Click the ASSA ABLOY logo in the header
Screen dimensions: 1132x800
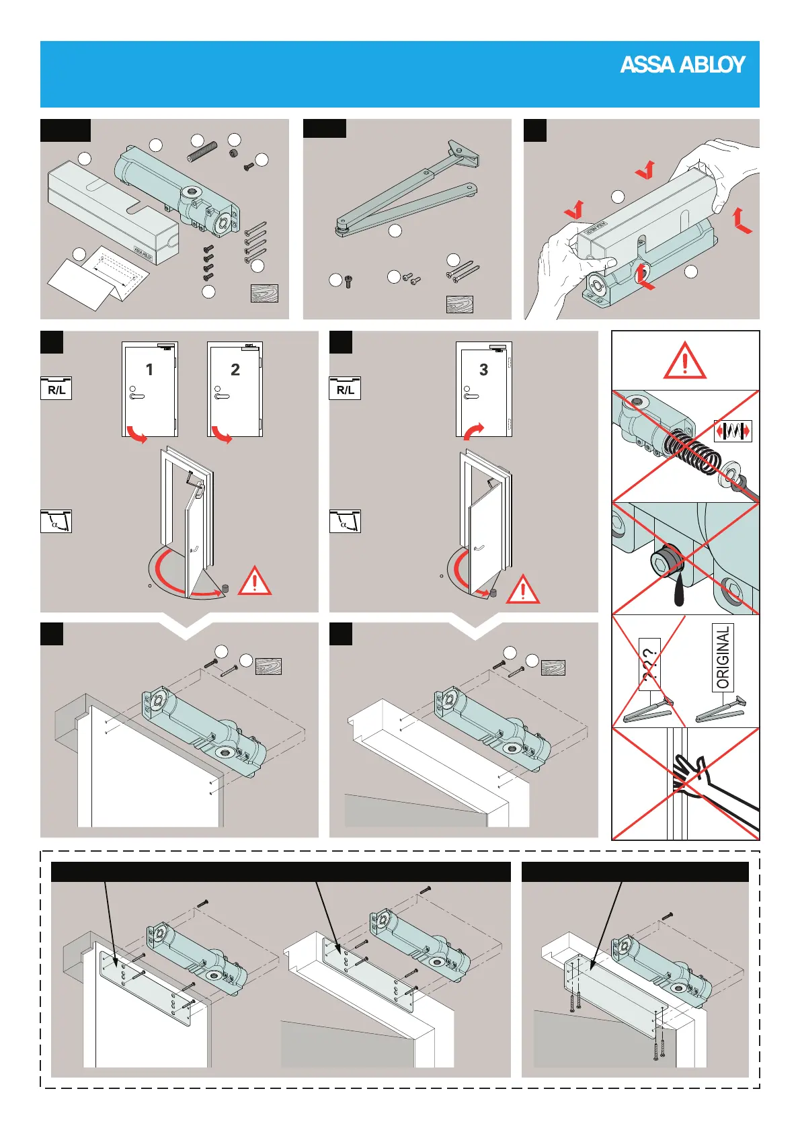pyautogui.click(x=682, y=65)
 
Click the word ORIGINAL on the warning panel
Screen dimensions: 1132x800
pyautogui.click(x=723, y=657)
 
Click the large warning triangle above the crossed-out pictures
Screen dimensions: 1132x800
pyautogui.click(x=684, y=361)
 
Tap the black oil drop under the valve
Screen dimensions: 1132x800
pyautogui.click(x=678, y=592)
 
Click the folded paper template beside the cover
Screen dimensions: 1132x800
pyautogui.click(x=97, y=276)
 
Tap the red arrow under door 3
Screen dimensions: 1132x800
pyautogui.click(x=473, y=430)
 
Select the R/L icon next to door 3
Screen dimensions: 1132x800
pyautogui.click(x=345, y=389)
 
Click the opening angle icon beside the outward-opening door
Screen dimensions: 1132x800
pyautogui.click(x=56, y=522)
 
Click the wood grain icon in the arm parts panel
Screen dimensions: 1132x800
pyautogui.click(x=459, y=305)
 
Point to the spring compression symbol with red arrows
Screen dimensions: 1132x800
pyautogui.click(x=732, y=430)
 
